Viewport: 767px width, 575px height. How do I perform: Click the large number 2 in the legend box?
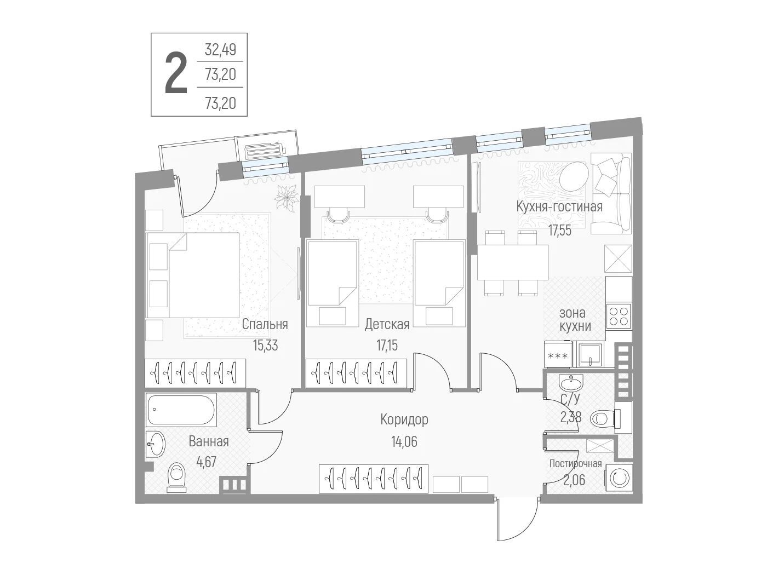coord(176,73)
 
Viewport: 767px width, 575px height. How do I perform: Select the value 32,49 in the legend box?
coord(220,50)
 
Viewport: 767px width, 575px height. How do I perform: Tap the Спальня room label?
coord(265,324)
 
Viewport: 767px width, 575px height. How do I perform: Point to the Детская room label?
coord(387,324)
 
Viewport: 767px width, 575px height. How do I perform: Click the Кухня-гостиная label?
coord(559,206)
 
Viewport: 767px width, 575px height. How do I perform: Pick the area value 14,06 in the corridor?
coord(404,442)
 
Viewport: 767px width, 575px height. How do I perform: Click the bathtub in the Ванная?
coord(181,410)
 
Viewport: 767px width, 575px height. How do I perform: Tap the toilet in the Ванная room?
coord(176,478)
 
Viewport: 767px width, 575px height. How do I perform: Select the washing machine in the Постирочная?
coord(619,478)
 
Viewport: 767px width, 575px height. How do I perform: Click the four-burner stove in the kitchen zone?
coord(619,315)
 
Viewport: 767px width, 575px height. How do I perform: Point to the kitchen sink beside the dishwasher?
coord(590,354)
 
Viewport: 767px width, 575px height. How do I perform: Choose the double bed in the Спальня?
coord(192,275)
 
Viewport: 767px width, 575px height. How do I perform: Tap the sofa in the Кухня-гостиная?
coord(611,193)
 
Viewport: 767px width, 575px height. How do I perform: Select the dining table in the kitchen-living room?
coord(513,262)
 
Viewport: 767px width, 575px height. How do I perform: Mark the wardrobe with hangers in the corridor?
coord(374,478)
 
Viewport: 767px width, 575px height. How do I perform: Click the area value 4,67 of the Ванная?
coord(207,463)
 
